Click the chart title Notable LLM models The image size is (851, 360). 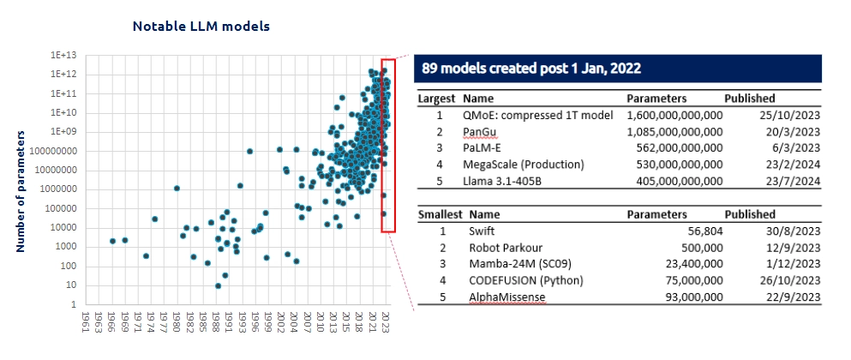coord(201,27)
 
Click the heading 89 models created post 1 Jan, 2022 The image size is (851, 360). coord(531,68)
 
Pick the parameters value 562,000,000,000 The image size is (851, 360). coord(674,148)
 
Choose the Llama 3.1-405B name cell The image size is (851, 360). coord(506,181)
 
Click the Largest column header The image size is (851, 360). coord(436,99)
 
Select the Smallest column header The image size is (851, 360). coord(439,214)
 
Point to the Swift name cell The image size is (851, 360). coord(482,231)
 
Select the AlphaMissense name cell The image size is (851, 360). coord(506,297)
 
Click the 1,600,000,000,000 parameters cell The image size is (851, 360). coord(674,116)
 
